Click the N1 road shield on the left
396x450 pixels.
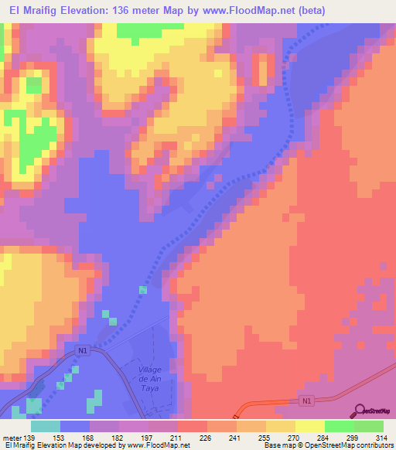tap(83, 349)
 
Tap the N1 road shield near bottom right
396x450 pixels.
tap(306, 401)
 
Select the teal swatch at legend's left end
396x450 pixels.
tap(46, 426)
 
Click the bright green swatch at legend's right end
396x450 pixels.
tap(369, 426)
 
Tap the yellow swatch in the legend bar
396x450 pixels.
tap(309, 426)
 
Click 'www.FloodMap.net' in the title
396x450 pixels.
tap(256, 10)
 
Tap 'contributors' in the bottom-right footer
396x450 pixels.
tap(370, 446)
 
